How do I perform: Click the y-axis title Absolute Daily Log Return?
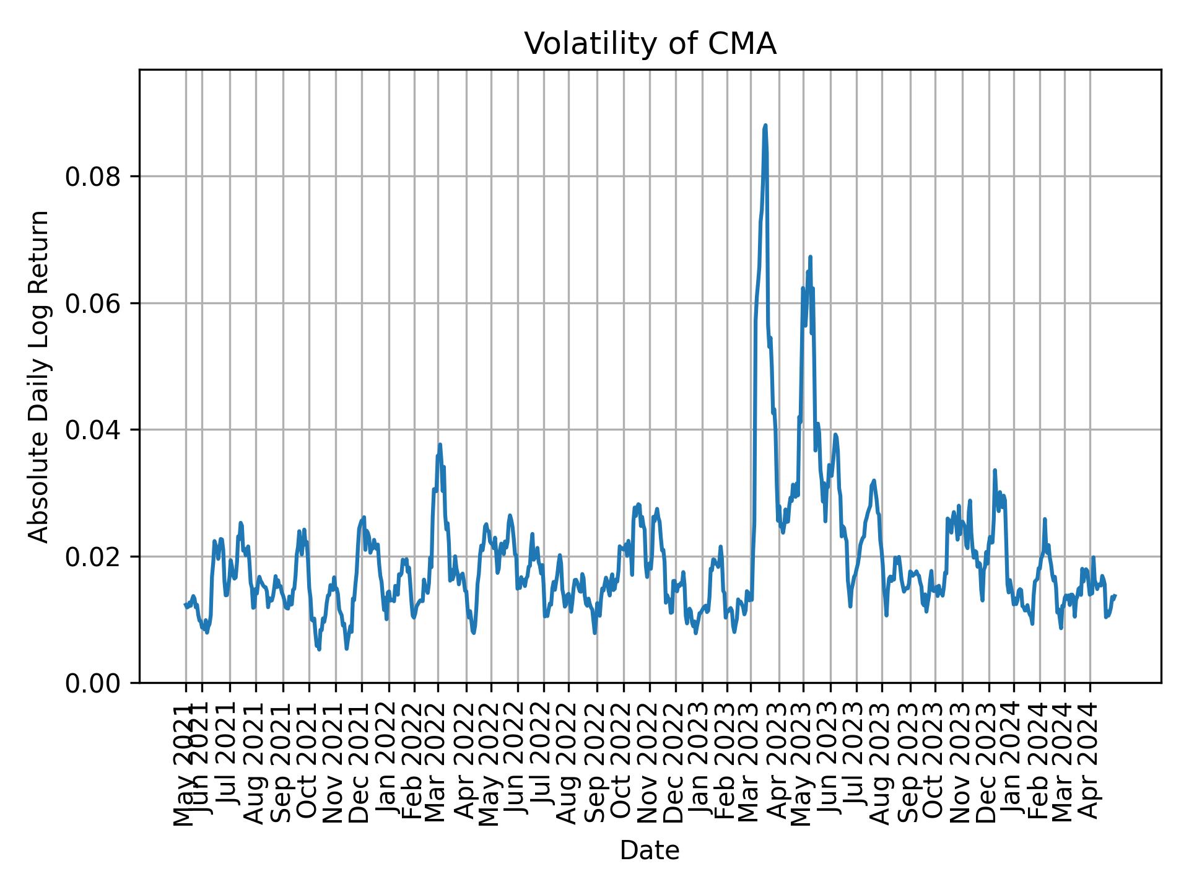39,375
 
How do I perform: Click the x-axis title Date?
650,850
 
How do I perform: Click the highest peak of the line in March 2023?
765,126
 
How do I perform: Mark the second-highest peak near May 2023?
810,256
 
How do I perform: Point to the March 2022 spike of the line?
440,444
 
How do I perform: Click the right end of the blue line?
1115,595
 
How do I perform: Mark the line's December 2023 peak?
995,470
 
